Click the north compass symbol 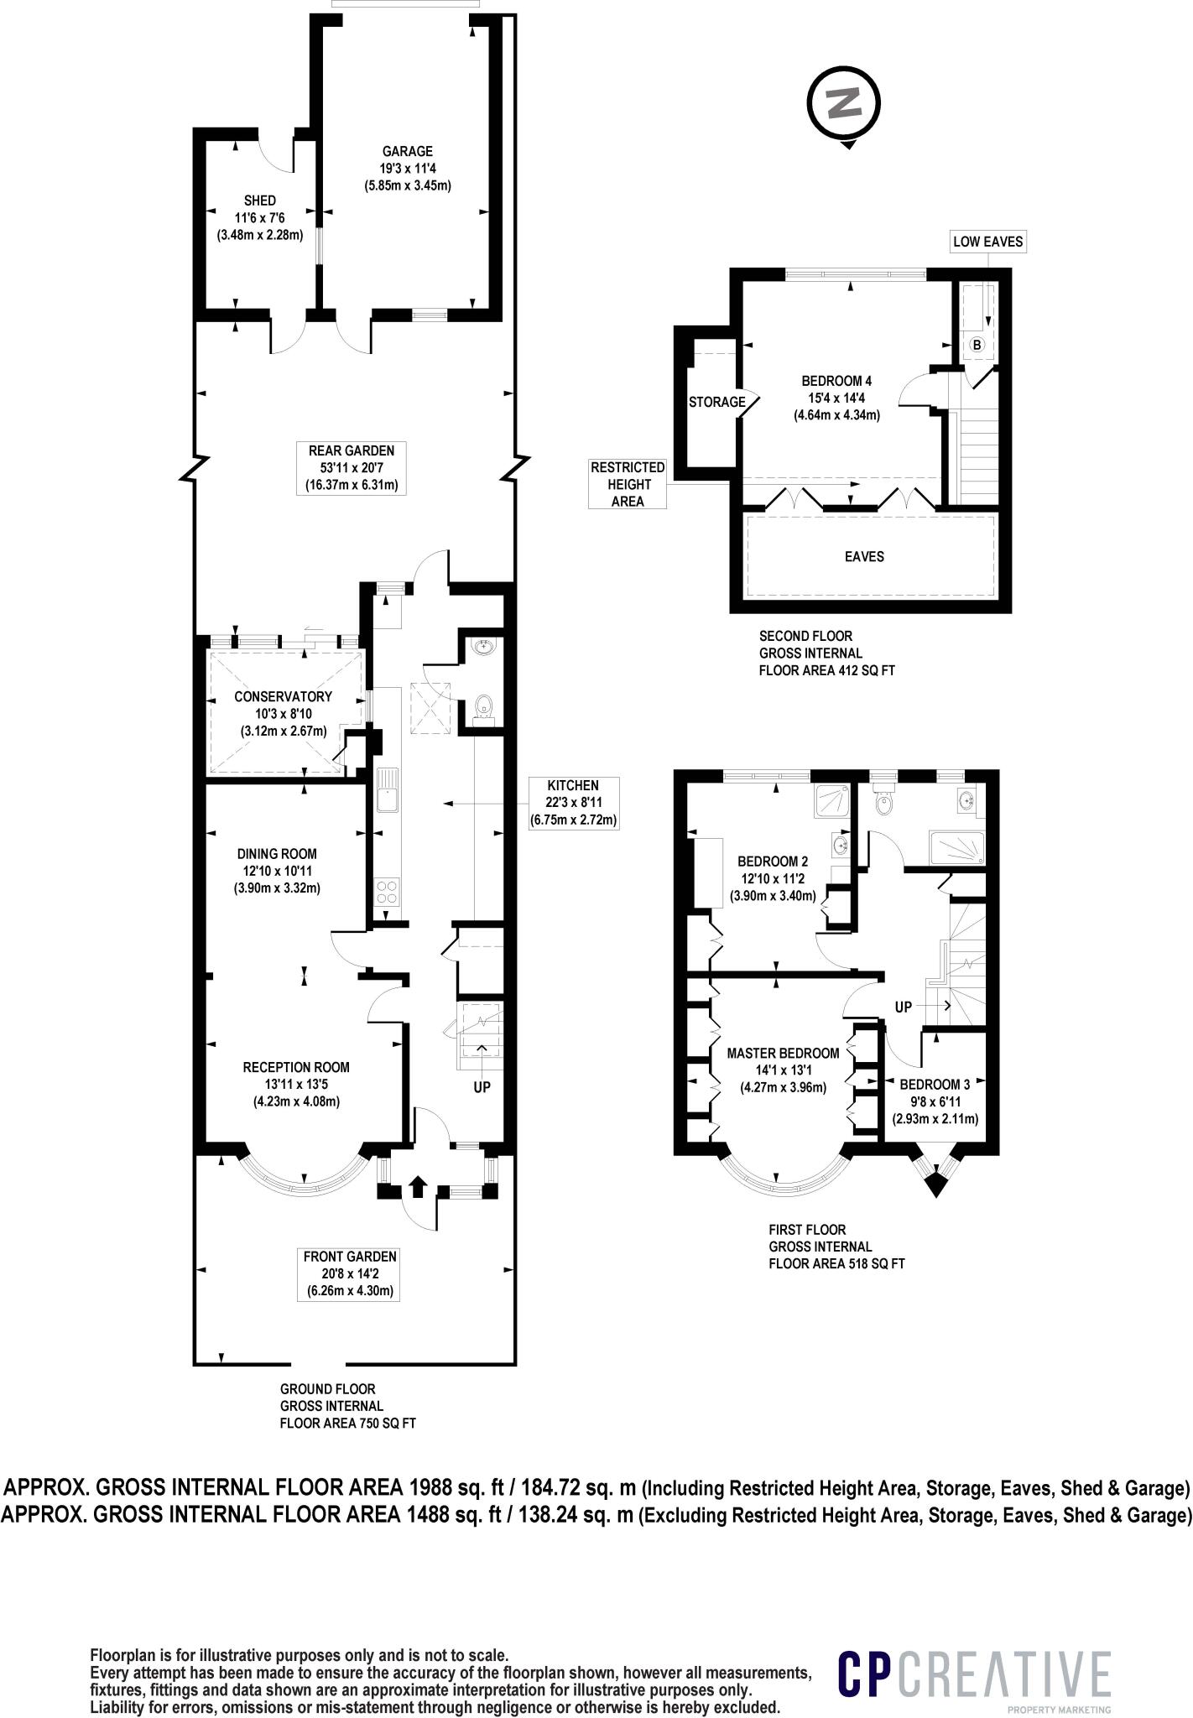844,104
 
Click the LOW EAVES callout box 988,242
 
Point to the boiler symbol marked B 977,345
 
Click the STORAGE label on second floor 717,402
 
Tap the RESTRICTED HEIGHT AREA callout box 628,484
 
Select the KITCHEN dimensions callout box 573,803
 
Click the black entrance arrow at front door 418,1186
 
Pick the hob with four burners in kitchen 387,891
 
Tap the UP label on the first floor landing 903,1007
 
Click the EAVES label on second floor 864,556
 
